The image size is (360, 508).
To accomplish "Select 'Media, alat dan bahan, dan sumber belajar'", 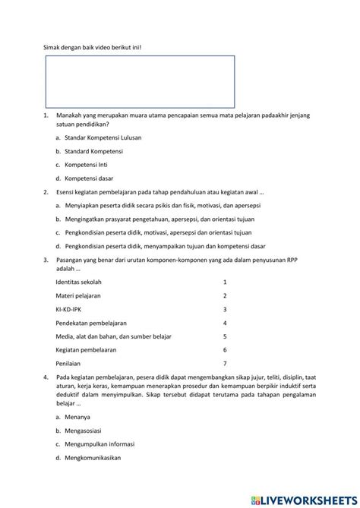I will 114,336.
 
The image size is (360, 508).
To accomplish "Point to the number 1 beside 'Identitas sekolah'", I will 225,281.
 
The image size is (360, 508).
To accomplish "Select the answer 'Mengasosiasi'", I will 84,430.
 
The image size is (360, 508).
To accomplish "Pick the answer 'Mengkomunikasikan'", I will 93,457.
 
